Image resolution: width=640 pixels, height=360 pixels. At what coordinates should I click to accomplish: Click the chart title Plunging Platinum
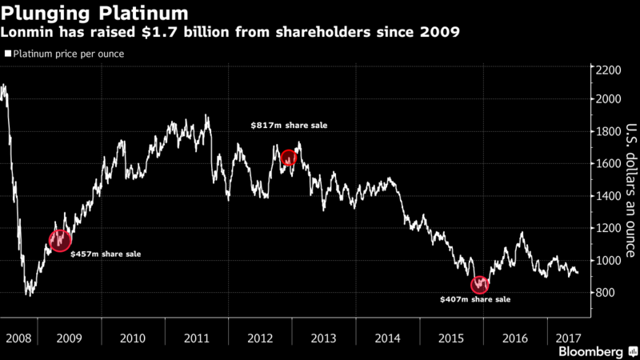96,14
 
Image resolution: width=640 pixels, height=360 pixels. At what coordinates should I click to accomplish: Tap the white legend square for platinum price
8,54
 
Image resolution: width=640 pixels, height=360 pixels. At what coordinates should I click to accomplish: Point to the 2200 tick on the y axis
607,70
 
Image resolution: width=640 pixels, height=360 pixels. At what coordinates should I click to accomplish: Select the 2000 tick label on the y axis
607,99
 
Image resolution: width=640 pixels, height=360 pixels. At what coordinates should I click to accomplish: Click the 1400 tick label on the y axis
607,196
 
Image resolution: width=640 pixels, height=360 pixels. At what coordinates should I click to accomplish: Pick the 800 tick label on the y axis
605,293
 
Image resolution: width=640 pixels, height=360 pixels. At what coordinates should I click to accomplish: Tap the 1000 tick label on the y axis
607,261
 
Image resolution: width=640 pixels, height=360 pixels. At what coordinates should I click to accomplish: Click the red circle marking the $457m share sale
60,240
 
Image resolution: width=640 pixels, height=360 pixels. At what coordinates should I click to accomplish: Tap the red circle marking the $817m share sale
288,158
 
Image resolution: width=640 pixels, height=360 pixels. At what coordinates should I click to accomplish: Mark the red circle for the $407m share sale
480,284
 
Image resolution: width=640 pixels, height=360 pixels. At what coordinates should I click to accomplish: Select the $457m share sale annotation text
106,254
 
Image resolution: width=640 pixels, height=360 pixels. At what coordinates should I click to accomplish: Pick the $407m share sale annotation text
475,299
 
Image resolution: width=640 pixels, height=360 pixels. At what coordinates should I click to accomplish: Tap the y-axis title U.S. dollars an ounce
630,190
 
